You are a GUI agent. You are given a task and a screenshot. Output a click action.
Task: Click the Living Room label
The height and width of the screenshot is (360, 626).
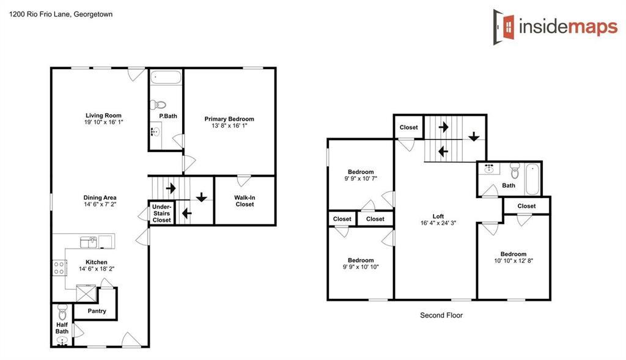(x=103, y=115)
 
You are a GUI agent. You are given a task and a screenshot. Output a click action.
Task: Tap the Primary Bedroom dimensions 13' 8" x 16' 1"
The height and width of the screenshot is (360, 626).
(x=229, y=125)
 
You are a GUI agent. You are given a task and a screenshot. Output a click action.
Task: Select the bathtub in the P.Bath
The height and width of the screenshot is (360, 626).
(x=166, y=78)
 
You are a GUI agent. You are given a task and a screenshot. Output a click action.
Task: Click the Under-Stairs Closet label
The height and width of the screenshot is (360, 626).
(x=161, y=213)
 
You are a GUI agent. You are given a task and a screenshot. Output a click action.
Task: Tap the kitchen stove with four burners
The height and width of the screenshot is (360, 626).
(x=60, y=267)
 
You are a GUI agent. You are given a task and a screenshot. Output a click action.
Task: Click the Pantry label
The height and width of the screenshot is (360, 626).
(x=97, y=311)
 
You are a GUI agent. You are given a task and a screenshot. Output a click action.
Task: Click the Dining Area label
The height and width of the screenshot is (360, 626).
(x=100, y=197)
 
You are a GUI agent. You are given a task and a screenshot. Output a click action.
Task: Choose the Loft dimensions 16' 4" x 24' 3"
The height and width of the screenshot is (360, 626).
(x=438, y=223)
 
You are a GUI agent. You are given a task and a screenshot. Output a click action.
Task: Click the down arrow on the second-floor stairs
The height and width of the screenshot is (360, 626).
(x=473, y=136)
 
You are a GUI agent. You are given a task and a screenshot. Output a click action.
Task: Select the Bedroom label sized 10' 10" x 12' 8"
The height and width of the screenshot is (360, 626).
(x=514, y=254)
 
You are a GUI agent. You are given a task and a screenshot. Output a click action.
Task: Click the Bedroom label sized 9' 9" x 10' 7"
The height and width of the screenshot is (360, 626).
(x=361, y=172)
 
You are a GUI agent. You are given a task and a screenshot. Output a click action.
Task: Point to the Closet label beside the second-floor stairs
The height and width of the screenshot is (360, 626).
(x=408, y=128)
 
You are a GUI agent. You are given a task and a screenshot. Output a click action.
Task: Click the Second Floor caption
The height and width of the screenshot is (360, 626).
(x=441, y=315)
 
